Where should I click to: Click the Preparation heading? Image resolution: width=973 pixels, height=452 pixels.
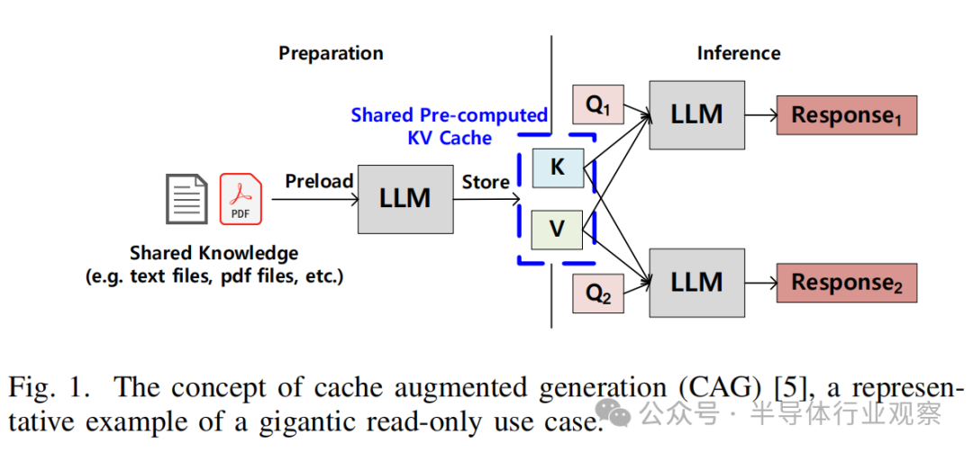tap(331, 53)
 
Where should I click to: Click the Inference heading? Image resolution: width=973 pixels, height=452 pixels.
tap(738, 53)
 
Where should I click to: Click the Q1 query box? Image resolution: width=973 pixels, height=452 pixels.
tap(598, 104)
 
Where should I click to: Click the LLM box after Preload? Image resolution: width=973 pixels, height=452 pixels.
tap(405, 197)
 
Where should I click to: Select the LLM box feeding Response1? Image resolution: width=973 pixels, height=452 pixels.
tap(696, 114)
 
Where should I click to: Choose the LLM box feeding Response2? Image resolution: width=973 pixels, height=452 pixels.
tap(696, 282)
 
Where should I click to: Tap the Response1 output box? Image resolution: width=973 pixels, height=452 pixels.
tap(846, 115)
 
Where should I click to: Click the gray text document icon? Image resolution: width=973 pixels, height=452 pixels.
tap(186, 198)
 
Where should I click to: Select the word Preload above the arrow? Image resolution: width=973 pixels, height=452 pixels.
tap(319, 181)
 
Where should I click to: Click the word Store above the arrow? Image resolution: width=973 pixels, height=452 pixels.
tap(486, 182)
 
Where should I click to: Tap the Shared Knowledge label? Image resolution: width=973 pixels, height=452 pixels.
tap(214, 253)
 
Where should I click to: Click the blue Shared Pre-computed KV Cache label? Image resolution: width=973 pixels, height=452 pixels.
tap(449, 126)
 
